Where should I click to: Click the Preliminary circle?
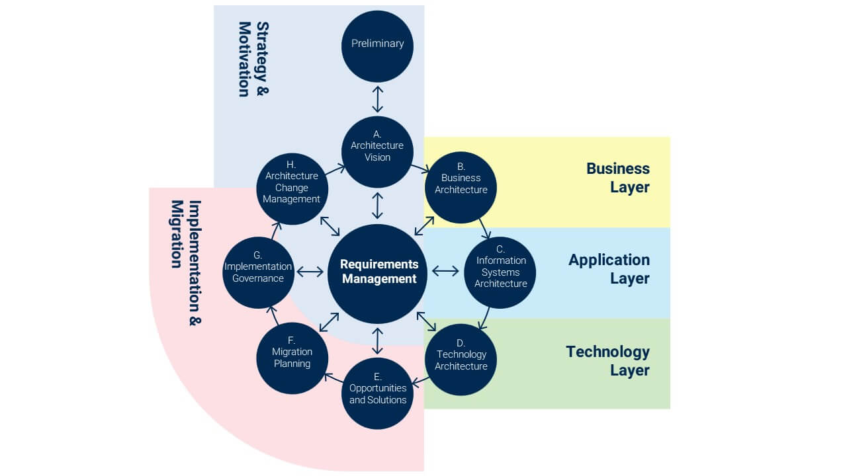coord(377,44)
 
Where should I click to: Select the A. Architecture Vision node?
coord(377,151)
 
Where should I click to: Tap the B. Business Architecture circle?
coord(461,187)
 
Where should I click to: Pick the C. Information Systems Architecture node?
coord(500,272)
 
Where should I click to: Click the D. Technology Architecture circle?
coord(461,360)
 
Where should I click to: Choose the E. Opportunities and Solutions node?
coord(377,393)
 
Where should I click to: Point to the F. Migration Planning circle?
coord(292,358)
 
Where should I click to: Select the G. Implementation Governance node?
coord(258,272)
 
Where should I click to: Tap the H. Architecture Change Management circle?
coord(292,187)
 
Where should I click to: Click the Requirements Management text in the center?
coord(379,272)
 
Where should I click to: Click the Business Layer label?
coord(617,178)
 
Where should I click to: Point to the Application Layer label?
coord(609,269)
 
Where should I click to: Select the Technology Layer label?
coord(607,360)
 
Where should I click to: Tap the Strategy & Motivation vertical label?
coord(253,59)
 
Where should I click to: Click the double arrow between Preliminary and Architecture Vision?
coord(377,99)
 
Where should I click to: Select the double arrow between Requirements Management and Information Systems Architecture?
coord(445,270)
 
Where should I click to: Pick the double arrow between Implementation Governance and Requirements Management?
coord(310,271)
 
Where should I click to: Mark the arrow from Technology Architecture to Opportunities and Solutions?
coord(422,380)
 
